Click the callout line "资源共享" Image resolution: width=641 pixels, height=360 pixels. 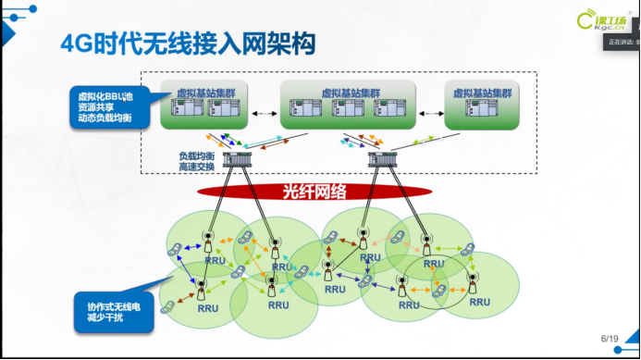[x=97, y=106]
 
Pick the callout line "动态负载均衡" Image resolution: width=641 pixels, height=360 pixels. [x=104, y=118]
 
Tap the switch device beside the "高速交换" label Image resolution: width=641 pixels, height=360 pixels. [x=237, y=163]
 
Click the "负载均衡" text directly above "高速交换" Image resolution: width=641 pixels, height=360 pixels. [x=198, y=157]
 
